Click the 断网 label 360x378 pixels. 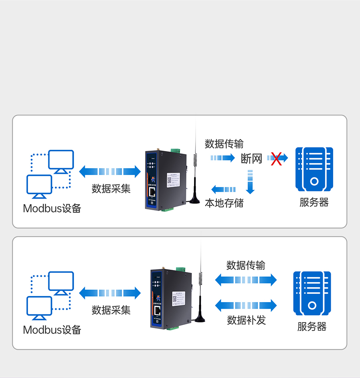252,158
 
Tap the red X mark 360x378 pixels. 276,158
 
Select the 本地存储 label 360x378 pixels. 224,203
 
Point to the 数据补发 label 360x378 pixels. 246,320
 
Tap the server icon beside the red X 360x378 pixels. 314,169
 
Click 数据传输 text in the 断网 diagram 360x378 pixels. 224,144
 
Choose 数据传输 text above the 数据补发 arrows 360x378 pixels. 246,265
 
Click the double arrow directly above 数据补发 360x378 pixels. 246,306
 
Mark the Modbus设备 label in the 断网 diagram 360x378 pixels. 52,208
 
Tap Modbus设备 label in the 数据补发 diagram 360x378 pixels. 52,330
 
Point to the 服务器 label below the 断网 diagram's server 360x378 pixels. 314,202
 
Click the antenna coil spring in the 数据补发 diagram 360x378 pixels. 200,278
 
